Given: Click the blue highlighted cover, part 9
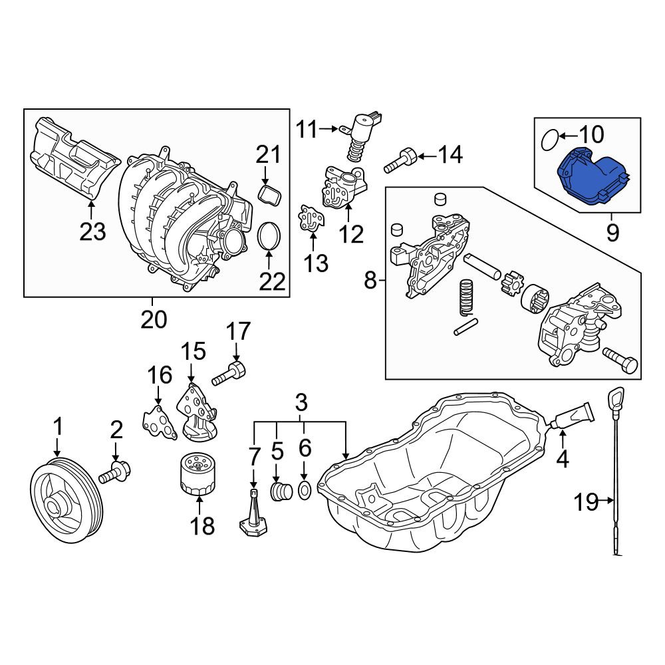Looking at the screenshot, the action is [592, 178].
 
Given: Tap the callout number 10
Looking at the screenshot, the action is [592, 134].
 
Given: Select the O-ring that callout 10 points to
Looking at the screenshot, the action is [550, 140].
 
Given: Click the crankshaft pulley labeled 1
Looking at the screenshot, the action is [67, 501].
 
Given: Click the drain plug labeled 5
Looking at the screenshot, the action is [281, 491].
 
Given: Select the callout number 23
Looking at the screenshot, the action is [92, 231].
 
